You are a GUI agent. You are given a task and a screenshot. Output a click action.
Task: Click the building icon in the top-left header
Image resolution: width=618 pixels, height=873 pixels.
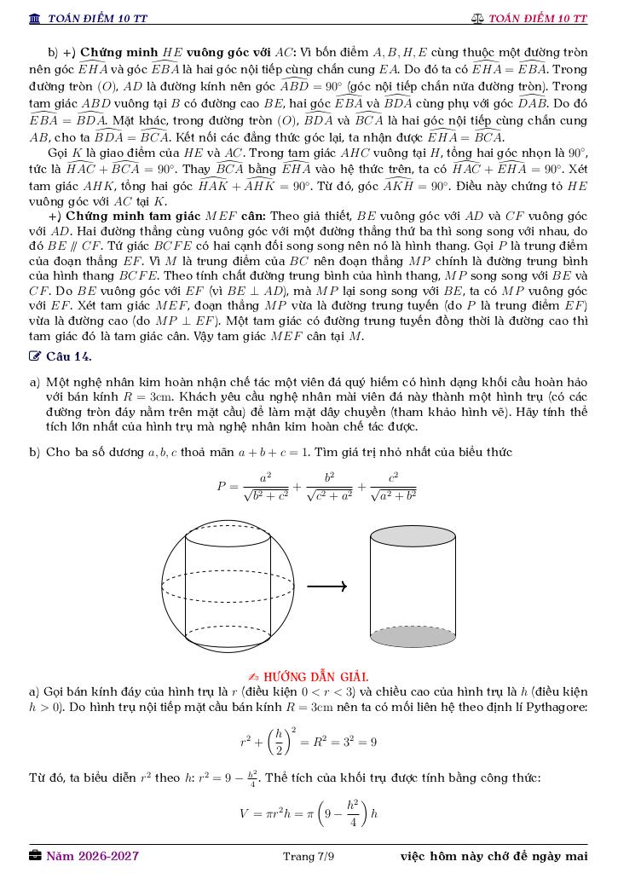(34, 18)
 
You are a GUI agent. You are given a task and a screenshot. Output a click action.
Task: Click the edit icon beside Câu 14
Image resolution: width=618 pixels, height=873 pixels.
(34, 356)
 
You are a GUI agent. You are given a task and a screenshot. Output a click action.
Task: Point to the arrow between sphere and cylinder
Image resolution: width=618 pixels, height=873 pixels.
(326, 586)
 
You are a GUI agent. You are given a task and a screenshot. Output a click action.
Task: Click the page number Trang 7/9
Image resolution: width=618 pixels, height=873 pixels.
(309, 856)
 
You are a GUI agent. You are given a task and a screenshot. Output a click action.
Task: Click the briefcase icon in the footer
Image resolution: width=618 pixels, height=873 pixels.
(35, 856)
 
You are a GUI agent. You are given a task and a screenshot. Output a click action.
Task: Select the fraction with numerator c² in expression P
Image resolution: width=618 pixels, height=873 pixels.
(393, 486)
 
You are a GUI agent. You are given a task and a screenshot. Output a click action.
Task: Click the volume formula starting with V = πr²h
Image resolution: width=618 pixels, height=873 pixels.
(309, 812)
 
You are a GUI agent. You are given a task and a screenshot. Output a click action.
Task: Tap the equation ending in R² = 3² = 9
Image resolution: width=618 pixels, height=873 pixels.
(309, 742)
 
